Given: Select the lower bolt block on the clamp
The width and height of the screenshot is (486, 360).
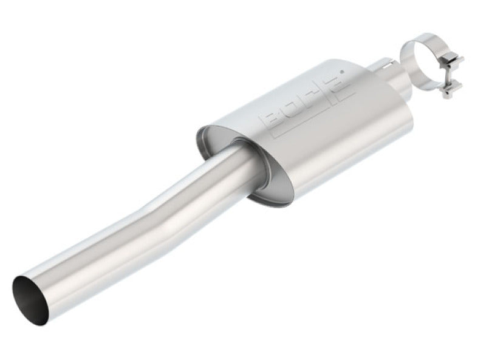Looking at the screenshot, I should pyautogui.click(x=449, y=91).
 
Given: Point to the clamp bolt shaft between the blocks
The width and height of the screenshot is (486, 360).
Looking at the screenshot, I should pyautogui.click(x=452, y=76).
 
